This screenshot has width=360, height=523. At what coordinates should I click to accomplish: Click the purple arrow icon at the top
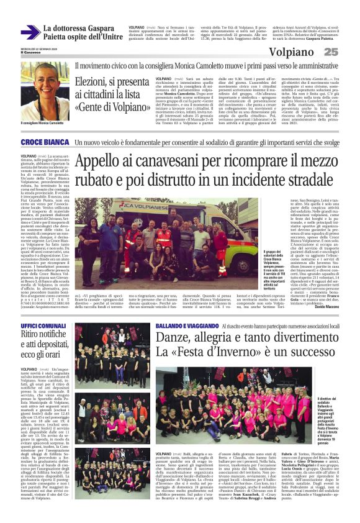(x=30, y=33)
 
